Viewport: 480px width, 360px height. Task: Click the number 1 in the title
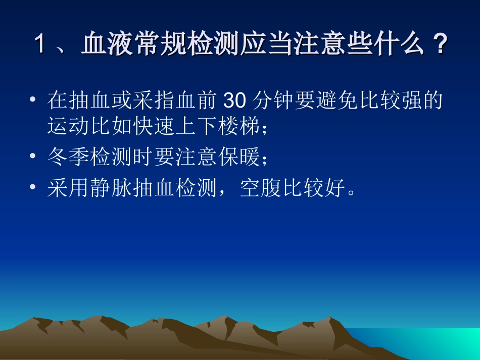(40, 45)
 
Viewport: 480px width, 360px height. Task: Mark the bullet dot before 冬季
(33, 158)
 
